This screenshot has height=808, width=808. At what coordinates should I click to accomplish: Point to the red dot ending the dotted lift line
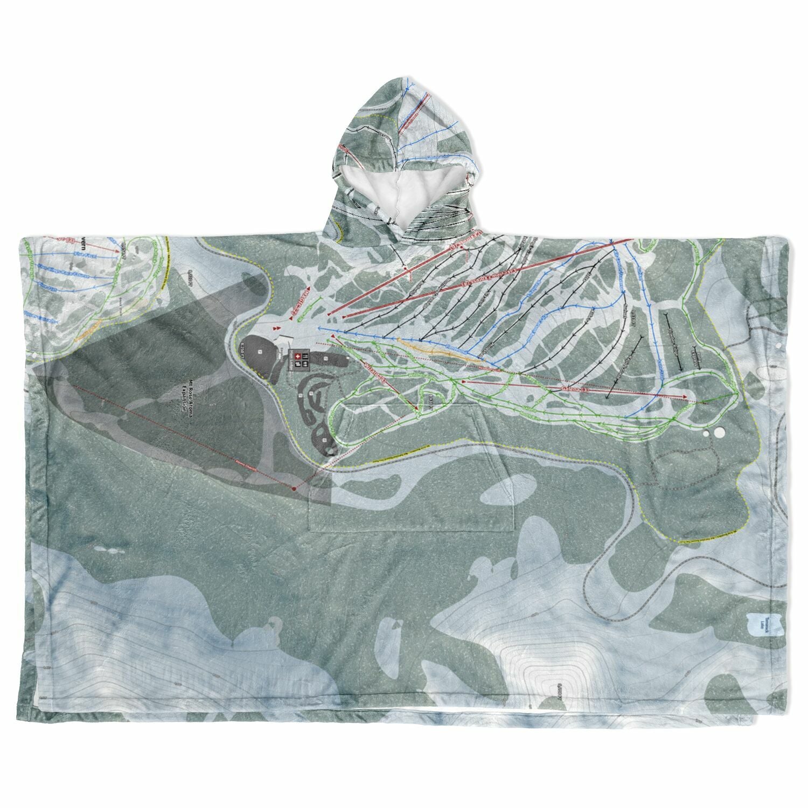point(294,488)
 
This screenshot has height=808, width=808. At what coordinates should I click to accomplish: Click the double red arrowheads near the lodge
point(277,328)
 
